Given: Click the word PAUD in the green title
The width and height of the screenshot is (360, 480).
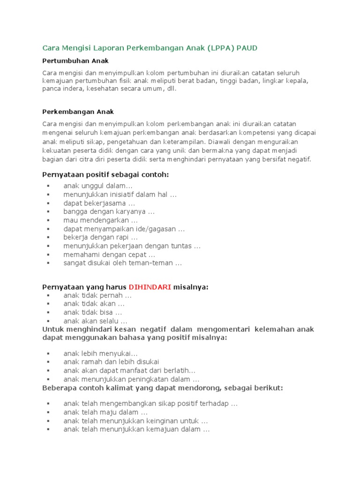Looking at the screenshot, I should pos(247,48).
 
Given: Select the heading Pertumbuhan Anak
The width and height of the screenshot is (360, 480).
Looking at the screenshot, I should pos(75,61).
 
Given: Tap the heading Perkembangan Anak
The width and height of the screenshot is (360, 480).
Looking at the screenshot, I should pos(78,112).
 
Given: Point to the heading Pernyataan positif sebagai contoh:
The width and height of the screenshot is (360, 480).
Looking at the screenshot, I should pos(105,175).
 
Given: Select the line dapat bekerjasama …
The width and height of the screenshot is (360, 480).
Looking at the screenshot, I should pos(99,203).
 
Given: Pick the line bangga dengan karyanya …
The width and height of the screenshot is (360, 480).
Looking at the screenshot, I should pos(109,212).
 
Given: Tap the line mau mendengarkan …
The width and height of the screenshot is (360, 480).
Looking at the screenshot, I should pos(100,220).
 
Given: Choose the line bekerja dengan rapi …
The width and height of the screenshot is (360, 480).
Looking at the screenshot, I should pos(100,238).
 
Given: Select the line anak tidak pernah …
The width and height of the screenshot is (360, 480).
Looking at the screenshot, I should pos(97,295).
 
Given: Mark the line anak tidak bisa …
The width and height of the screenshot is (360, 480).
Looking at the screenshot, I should pos(93,312).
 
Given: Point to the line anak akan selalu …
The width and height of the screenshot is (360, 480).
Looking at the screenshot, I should pos(95,321).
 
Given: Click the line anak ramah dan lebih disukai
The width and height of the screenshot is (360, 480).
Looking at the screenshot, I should pos(111,361).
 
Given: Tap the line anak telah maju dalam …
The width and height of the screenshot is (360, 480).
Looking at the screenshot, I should pos(105,412).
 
